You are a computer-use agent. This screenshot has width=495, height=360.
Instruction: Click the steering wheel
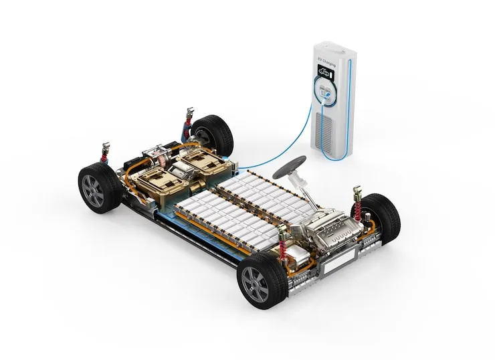pos(290,163)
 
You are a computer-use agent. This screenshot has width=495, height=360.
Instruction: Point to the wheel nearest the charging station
pos(212,134)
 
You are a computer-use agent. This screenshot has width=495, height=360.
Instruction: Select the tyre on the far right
pos(379,217)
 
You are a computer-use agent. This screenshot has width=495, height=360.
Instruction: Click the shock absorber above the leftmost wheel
pos(104,154)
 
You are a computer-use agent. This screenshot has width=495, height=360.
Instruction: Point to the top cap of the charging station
pos(334,46)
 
